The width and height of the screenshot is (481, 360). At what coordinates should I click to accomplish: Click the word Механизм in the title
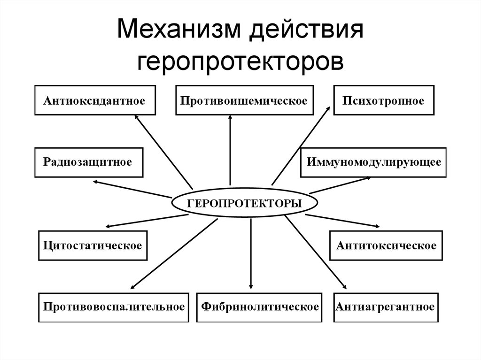pos(179,29)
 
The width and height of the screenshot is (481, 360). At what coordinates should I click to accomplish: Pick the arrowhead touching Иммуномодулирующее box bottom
pos(368,178)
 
